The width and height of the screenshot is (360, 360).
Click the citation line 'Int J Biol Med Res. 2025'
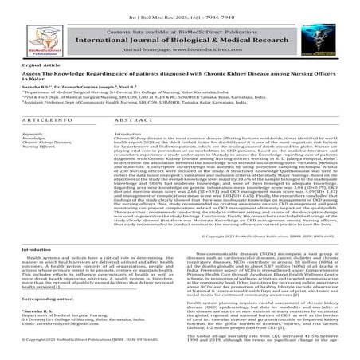click(x=179, y=4)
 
